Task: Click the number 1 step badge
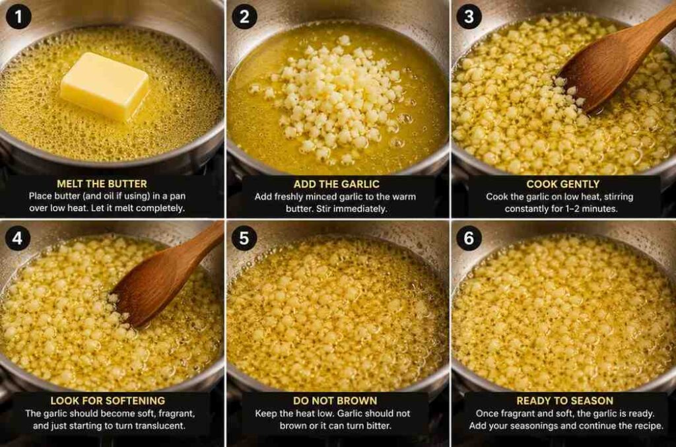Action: click(x=18, y=17)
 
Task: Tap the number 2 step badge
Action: click(x=244, y=17)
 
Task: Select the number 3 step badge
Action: click(x=469, y=17)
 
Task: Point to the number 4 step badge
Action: click(x=17, y=238)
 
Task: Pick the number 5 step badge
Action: click(x=244, y=238)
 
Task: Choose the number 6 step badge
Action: click(x=469, y=238)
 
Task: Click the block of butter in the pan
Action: click(x=104, y=85)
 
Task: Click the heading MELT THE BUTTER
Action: click(x=102, y=184)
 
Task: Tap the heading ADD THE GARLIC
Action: click(x=336, y=184)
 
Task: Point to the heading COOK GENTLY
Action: click(x=562, y=184)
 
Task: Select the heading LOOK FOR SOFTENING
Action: click(x=108, y=401)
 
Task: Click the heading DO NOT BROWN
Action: click(x=335, y=401)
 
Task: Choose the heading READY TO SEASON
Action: click(x=565, y=401)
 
